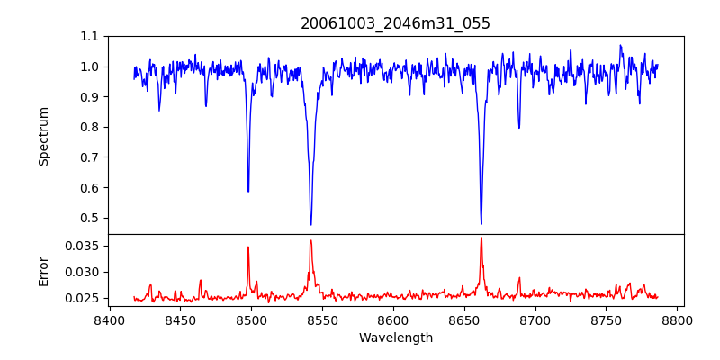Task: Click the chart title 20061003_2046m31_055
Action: point(395,23)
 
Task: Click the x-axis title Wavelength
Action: point(395,338)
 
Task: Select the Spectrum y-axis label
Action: point(43,136)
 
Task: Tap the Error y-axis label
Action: point(43,271)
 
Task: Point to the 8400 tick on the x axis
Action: point(109,319)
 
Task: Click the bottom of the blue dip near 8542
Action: point(310,225)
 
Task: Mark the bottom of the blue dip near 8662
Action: point(481,224)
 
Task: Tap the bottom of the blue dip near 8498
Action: point(248,192)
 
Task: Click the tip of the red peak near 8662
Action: point(481,238)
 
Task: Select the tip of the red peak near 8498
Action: point(248,247)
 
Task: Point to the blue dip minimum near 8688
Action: point(518,128)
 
